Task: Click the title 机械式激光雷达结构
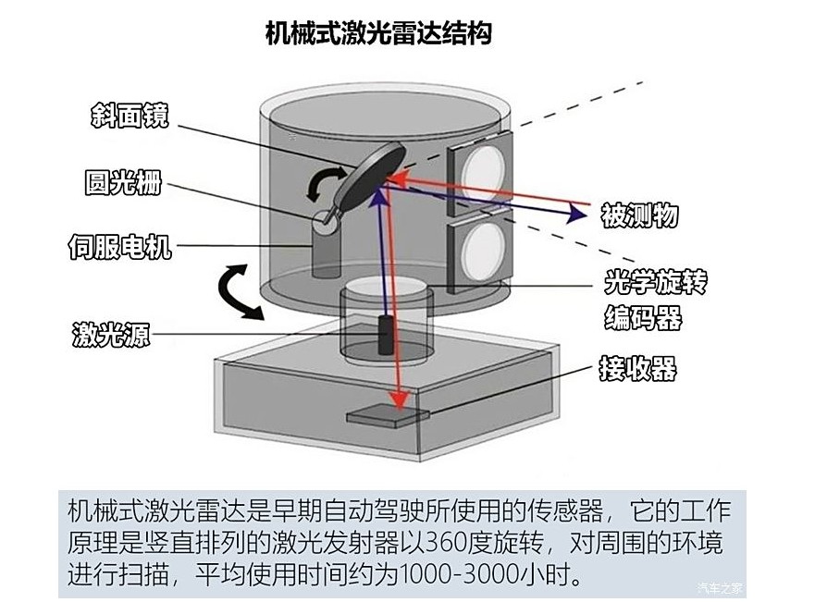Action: pyautogui.click(x=377, y=34)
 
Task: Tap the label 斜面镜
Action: pyautogui.click(x=130, y=116)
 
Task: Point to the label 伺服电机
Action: pyautogui.click(x=119, y=247)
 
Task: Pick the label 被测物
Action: pyautogui.click(x=639, y=215)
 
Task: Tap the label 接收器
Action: pyautogui.click(x=637, y=370)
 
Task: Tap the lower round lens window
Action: pyautogui.click(x=483, y=251)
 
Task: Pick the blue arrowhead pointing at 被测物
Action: pyautogui.click(x=577, y=214)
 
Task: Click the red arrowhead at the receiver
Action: pyautogui.click(x=399, y=400)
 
